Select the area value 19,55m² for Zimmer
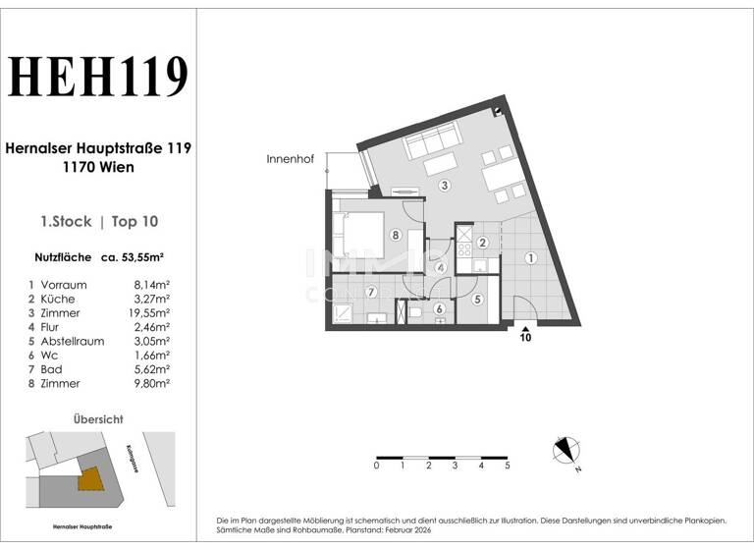point(152,313)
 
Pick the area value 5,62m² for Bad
point(152,369)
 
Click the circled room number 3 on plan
point(444,186)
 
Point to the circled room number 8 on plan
point(395,235)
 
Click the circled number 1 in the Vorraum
point(530,259)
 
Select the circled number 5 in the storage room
point(477,300)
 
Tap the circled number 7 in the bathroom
point(371,292)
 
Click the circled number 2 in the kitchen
point(482,243)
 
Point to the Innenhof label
point(290,159)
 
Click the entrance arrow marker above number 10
point(526,329)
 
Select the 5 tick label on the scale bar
point(507,467)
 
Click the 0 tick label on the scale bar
point(376,467)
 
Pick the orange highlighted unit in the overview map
point(89,478)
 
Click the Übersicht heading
point(98,419)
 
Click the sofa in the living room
point(430,147)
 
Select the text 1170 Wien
point(98,167)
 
